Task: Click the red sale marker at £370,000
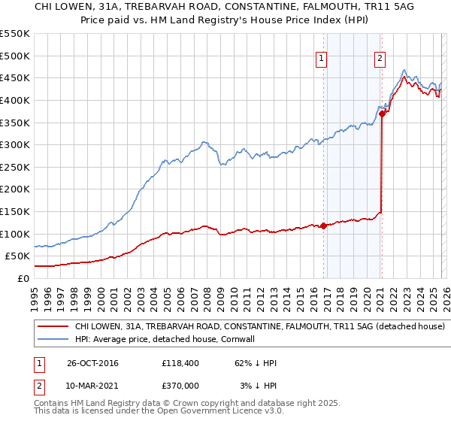click(x=382, y=114)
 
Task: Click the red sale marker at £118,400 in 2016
click(x=324, y=225)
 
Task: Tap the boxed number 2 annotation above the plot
click(x=380, y=58)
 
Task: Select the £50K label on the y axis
click(x=17, y=256)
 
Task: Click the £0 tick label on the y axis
click(x=22, y=278)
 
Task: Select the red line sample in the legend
click(x=53, y=327)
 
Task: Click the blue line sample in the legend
click(x=53, y=340)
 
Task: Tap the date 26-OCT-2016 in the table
click(x=92, y=363)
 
